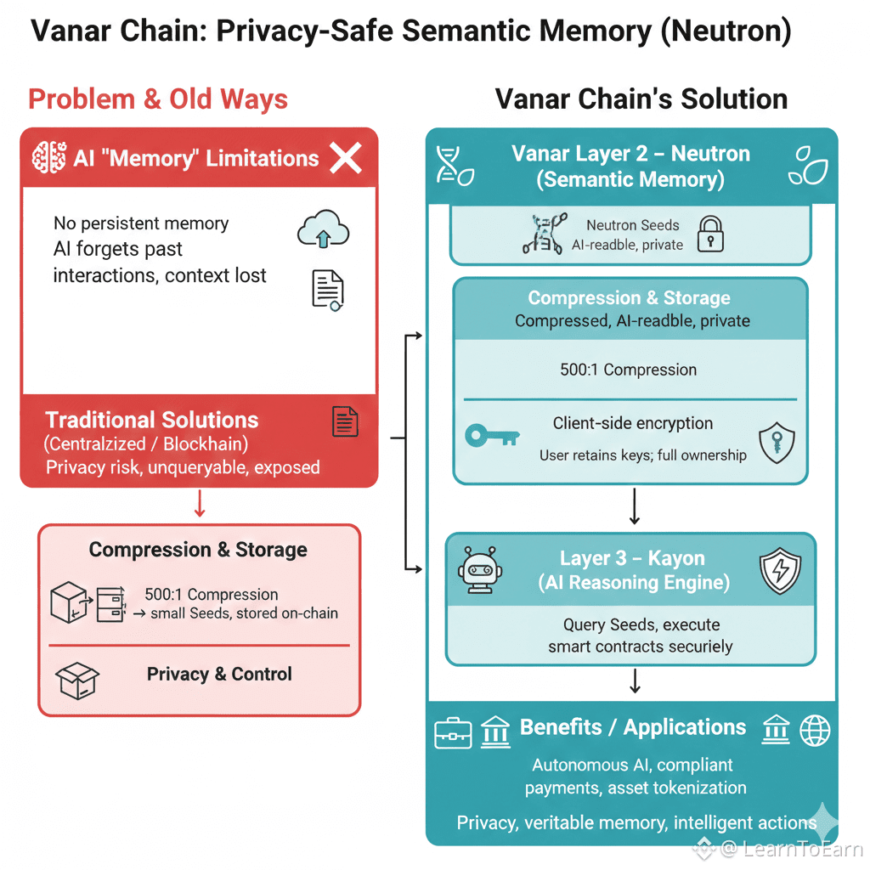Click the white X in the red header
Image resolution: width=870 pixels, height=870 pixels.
[346, 158]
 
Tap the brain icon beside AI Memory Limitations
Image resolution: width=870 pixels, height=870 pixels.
[48, 158]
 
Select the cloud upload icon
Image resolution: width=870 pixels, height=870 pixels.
[323, 229]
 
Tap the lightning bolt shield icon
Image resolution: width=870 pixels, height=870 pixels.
[778, 570]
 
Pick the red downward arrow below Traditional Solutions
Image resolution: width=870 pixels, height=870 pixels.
[200, 503]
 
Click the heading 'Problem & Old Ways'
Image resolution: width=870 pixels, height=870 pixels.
[158, 99]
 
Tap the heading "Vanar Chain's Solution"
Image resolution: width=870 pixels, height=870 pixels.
[641, 99]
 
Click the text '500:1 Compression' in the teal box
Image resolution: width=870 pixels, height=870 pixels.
[629, 370]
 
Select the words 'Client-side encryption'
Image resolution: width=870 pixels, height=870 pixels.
[633, 423]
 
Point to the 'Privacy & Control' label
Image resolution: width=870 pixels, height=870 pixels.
[219, 674]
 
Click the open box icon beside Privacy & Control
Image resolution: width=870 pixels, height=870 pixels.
[77, 677]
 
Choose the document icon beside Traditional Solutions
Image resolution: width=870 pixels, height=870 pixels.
[345, 421]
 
